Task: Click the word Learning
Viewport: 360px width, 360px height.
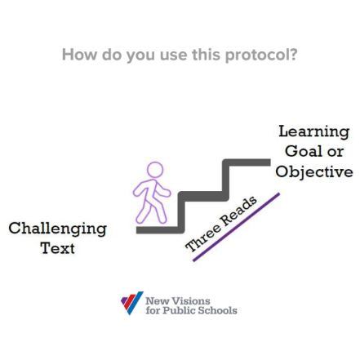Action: pyautogui.click(x=315, y=131)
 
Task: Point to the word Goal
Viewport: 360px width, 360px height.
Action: pyautogui.click(x=304, y=151)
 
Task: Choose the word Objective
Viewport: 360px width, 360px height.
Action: pyautogui.click(x=314, y=171)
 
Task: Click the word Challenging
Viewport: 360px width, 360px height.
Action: pyautogui.click(x=57, y=228)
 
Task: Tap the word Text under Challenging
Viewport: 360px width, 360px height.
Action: pyautogui.click(x=57, y=247)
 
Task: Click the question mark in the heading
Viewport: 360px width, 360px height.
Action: pyautogui.click(x=293, y=56)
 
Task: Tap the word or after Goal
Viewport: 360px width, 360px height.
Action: pyautogui.click(x=336, y=152)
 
